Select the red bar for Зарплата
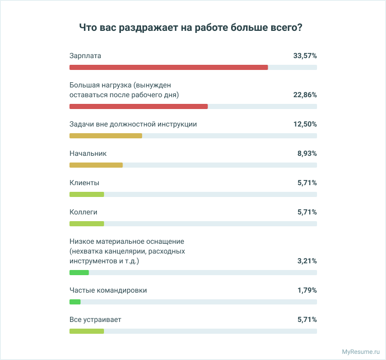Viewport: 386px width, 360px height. coord(168,67)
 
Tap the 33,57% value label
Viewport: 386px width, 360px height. coord(305,56)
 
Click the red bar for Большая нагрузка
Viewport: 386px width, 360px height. coord(138,106)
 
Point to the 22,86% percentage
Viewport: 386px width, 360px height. coord(305,95)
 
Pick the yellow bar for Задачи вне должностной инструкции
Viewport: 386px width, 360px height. coord(106,136)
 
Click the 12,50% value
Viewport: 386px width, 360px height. coord(305,124)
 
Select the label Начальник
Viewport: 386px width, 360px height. coord(87,153)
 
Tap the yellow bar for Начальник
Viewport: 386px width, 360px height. coord(96,165)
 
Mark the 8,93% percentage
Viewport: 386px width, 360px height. coord(307,154)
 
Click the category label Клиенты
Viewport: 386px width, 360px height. coord(84,183)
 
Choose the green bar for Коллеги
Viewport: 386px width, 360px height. coord(86,224)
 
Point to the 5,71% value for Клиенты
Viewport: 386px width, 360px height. coord(307,183)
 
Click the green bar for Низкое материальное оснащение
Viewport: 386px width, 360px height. coord(79,273)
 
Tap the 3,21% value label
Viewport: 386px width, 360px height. coord(307,261)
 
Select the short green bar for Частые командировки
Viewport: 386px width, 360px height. coord(75,302)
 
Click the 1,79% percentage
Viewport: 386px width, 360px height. coord(307,291)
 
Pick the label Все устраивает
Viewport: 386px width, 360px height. coord(95,319)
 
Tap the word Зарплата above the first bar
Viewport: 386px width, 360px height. coord(85,56)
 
